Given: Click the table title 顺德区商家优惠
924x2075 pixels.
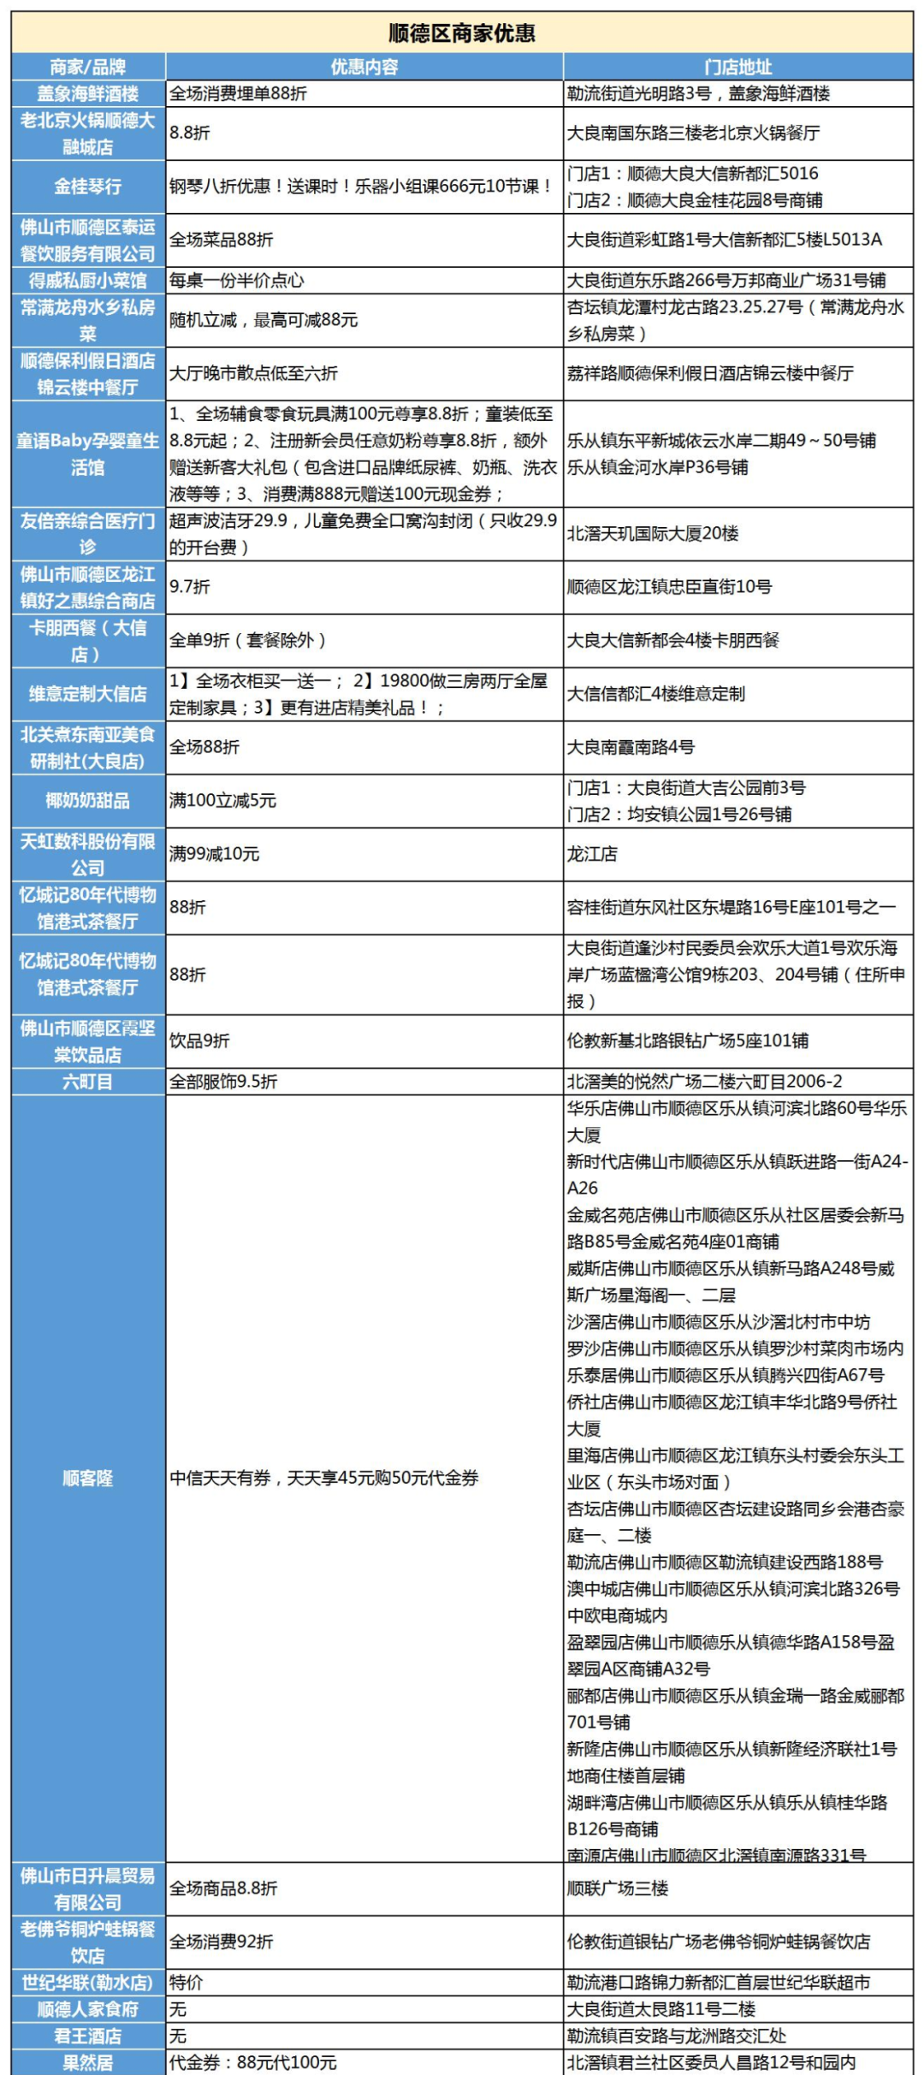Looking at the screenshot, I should pyautogui.click(x=462, y=33).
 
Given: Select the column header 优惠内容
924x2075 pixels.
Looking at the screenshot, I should pyautogui.click(x=364, y=67).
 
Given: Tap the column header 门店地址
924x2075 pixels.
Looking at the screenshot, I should pyautogui.click(x=737, y=67).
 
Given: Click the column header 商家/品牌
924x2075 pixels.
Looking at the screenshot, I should pyautogui.click(x=88, y=67).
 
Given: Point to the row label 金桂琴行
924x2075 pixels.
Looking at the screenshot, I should pyautogui.click(x=88, y=187).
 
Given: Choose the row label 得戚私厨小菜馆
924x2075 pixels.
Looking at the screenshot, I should pyautogui.click(x=88, y=281).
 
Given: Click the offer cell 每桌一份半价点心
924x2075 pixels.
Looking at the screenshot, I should pyautogui.click(x=237, y=281).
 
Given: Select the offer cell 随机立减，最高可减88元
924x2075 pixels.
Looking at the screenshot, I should pyautogui.click(x=264, y=320).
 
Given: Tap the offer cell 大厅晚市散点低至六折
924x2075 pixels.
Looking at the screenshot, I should pyautogui.click(x=253, y=373).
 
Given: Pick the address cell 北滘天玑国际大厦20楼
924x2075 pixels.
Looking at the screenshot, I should pyautogui.click(x=653, y=534).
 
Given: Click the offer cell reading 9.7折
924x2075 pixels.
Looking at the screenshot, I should pyautogui.click(x=190, y=587).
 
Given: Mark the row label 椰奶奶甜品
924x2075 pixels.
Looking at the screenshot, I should pyautogui.click(x=88, y=801).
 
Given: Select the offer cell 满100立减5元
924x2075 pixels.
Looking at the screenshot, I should pyautogui.click(x=223, y=801).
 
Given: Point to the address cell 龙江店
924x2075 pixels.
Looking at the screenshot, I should pyautogui.click(x=592, y=854).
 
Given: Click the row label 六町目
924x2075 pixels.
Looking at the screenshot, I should pyautogui.click(x=88, y=1082).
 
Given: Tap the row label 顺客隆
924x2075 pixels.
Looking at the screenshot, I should pyautogui.click(x=88, y=1478).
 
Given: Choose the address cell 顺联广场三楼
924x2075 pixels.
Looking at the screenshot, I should pyautogui.click(x=618, y=1888).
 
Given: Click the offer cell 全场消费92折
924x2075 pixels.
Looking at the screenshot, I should pyautogui.click(x=222, y=1942).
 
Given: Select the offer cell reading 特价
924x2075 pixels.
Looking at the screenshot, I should pyautogui.click(x=186, y=1983).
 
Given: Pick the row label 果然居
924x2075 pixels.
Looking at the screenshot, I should pyautogui.click(x=88, y=2062).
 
